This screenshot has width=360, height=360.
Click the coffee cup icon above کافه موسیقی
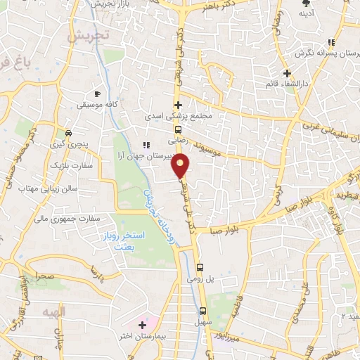[97, 93]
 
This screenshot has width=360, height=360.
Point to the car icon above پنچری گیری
[68, 133]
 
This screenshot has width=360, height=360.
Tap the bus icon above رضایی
[179, 129]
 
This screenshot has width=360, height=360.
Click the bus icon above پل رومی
[201, 267]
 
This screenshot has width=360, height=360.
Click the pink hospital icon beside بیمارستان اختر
[143, 325]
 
